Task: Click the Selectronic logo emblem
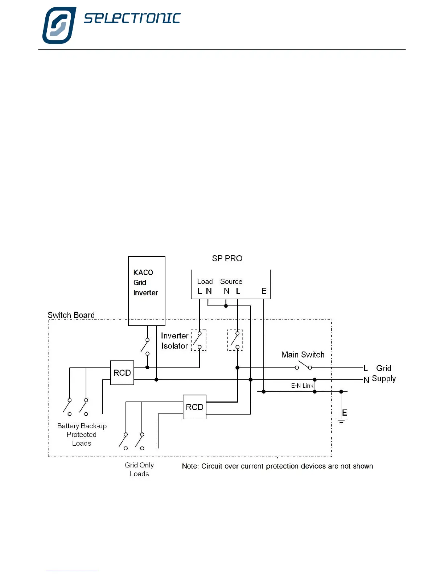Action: tap(59, 25)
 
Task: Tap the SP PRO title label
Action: tap(227, 258)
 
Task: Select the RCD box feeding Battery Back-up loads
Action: tap(122, 373)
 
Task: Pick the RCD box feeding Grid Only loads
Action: tap(194, 407)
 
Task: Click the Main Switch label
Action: tap(303, 355)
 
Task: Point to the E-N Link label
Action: tap(302, 386)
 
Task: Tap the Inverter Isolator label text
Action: tap(174, 341)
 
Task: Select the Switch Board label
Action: tap(71, 315)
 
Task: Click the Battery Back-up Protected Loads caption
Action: tap(82, 434)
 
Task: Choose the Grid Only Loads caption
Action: tap(139, 469)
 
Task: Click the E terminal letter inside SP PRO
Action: tap(264, 291)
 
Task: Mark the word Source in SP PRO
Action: tap(231, 282)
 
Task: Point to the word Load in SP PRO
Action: tap(205, 282)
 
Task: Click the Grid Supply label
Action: tap(383, 373)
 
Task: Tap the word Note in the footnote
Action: tap(190, 466)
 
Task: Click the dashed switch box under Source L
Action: tap(235, 340)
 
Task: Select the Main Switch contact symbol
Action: tap(303, 366)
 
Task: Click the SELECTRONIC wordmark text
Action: tap(132, 18)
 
